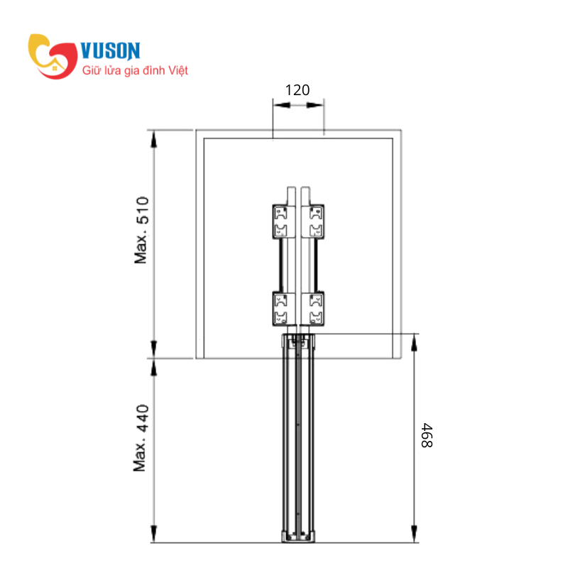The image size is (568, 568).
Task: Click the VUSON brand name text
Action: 111,50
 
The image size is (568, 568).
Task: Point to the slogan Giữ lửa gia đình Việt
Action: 135,71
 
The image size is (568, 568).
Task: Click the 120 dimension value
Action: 297,90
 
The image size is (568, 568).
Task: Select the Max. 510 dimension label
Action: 143,230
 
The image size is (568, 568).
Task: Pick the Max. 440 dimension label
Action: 142,438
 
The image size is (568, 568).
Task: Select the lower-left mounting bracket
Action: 282,308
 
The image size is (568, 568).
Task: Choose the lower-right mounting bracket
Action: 313,308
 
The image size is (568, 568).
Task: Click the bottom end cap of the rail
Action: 297,537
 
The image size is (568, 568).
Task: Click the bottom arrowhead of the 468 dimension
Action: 414,536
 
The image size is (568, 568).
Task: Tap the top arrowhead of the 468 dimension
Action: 414,342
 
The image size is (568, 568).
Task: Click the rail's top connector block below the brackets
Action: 297,342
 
